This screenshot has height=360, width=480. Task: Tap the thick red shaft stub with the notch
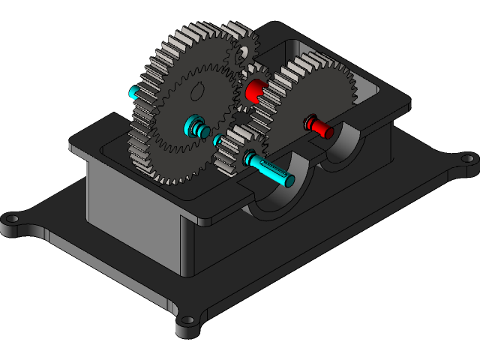click(255, 91)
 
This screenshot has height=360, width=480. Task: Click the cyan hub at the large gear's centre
click(196, 124)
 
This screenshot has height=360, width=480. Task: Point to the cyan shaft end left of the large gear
click(136, 93)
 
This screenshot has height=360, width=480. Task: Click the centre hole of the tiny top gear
click(241, 55)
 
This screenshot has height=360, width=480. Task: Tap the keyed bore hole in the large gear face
click(198, 91)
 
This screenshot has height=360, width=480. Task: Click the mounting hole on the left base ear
click(12, 219)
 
